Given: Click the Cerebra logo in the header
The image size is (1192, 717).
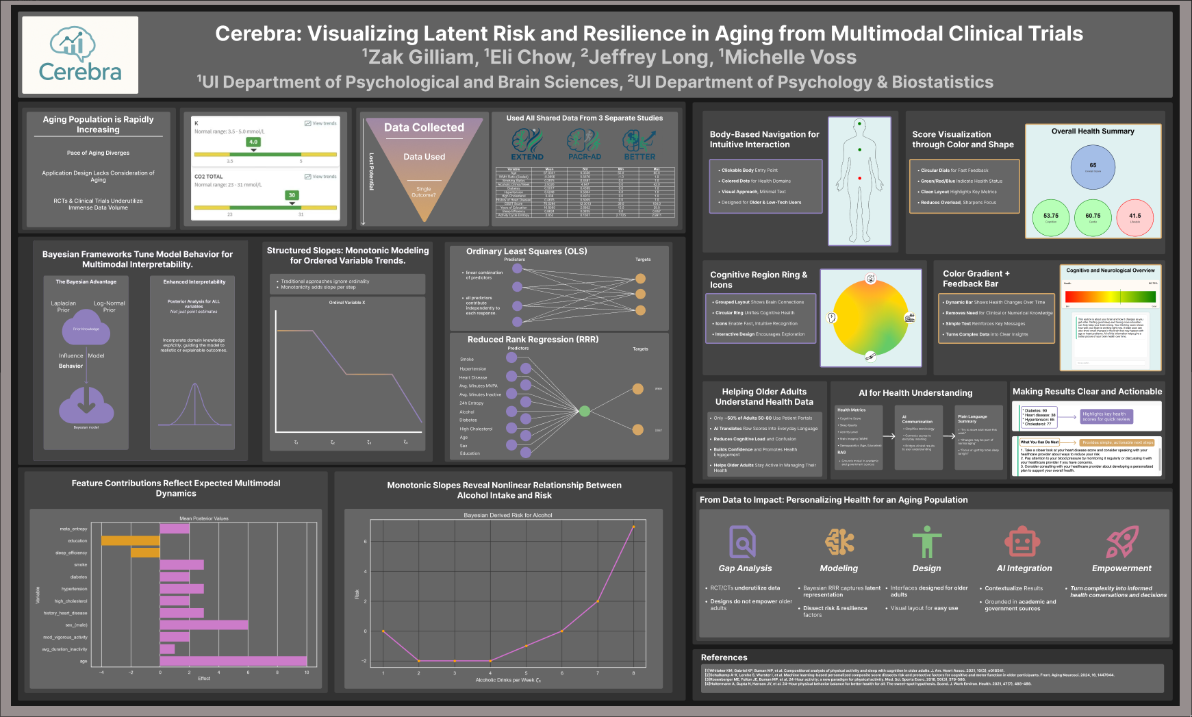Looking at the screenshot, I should click(x=80, y=55).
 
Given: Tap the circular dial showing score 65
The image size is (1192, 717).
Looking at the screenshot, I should click(x=1093, y=166).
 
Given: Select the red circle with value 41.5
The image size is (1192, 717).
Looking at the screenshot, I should click(x=1134, y=218).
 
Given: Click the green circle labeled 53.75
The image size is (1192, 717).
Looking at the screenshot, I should click(x=1050, y=218).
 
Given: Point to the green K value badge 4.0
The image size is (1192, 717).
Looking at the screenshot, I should click(x=253, y=142).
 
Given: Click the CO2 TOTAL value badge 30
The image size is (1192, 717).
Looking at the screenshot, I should click(x=292, y=196).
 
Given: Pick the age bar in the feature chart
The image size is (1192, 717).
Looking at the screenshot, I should click(x=233, y=661).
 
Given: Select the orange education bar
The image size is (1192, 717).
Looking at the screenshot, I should click(x=130, y=541).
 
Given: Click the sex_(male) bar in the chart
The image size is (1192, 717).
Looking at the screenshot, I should click(x=203, y=625).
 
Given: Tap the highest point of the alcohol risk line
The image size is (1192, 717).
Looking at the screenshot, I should click(x=633, y=527).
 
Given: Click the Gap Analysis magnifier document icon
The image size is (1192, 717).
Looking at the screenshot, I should click(x=743, y=542).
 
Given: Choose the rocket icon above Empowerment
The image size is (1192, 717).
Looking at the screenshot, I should click(x=1122, y=542).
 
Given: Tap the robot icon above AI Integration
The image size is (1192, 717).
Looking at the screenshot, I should click(x=1022, y=542).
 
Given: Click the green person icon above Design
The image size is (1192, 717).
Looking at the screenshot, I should click(x=926, y=542).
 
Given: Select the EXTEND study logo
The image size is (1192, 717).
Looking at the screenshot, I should click(x=527, y=144).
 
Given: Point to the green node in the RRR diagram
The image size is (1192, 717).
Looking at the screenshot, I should click(x=585, y=411).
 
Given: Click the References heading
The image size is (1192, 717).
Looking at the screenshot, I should click(x=724, y=657).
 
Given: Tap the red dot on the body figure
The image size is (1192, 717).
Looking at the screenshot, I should click(x=860, y=179).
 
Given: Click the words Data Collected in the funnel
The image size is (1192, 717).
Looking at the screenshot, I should click(x=424, y=127).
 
